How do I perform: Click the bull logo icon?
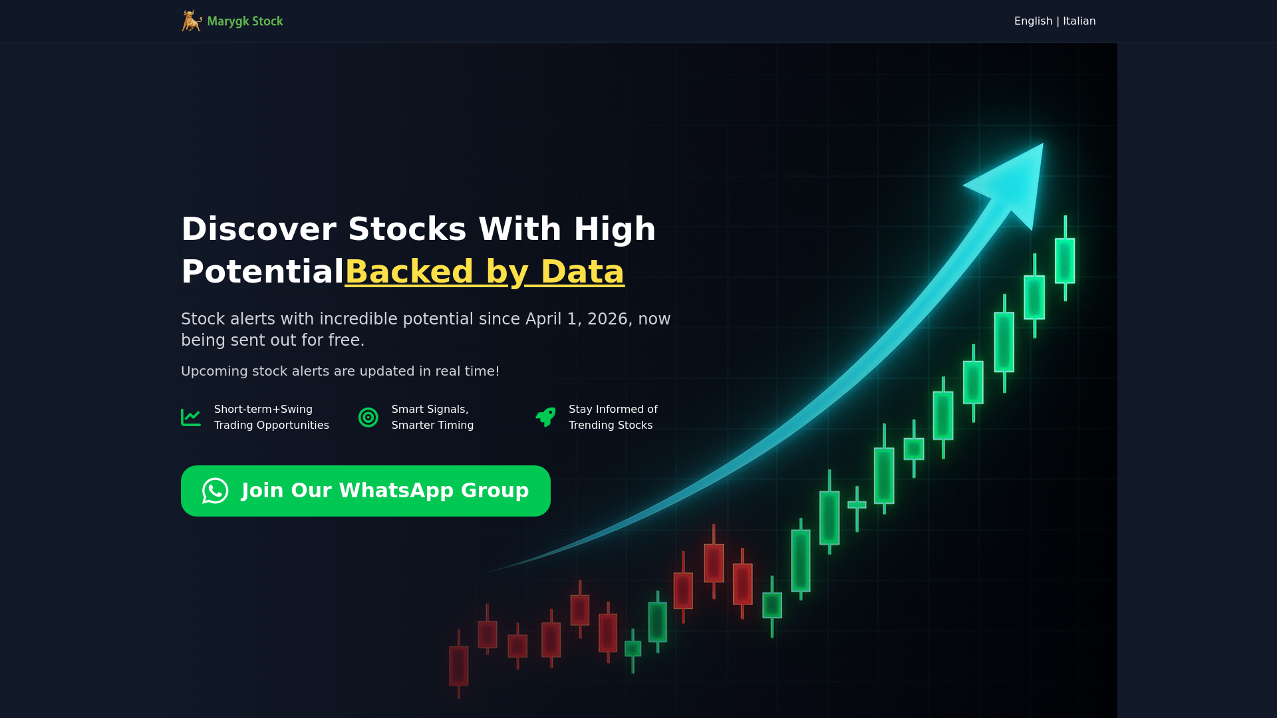coord(192,21)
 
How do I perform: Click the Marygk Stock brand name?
coord(245,21)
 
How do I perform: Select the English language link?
coord(1033,21)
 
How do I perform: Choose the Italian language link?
coord(1079,21)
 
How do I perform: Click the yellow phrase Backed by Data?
coord(484,272)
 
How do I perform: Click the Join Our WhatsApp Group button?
coord(366,491)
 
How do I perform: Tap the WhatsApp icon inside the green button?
coord(215,491)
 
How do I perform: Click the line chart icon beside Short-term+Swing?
coord(191,418)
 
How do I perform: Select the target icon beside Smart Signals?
coord(368,418)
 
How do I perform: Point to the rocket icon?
coord(545,417)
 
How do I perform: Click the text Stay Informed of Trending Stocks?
coord(613,418)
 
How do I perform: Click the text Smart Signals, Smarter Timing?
coord(433,418)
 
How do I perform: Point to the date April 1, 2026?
coord(577,319)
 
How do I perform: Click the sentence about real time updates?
coord(340,372)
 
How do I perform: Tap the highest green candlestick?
coord(1065,259)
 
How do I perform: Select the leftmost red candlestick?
coord(459,665)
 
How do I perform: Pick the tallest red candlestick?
coord(714,562)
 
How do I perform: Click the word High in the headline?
coord(615,229)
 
